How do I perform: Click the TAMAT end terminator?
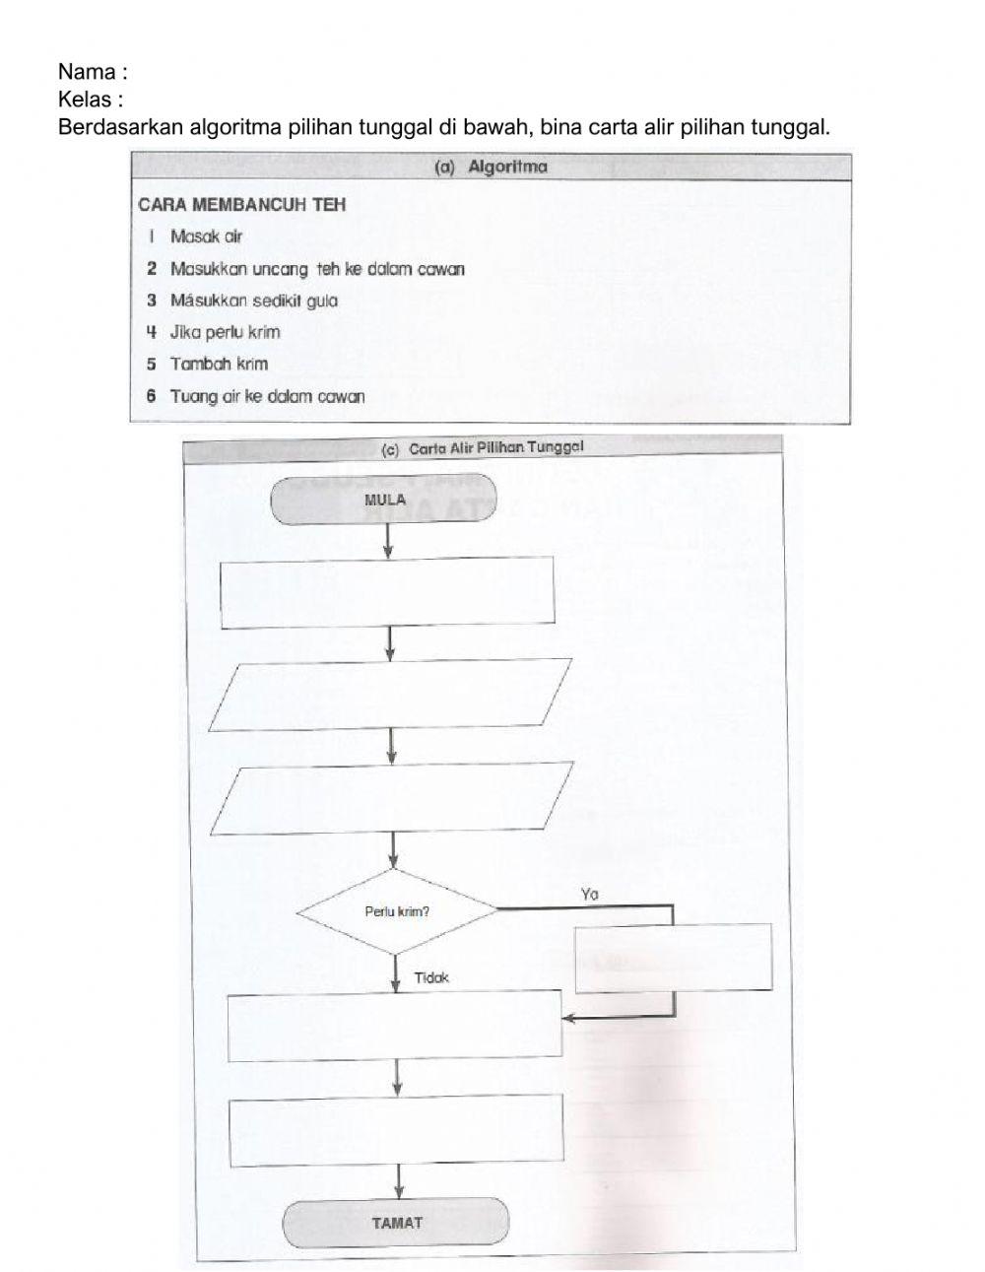396,1223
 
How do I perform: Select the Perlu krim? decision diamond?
396,911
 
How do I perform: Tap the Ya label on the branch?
590,895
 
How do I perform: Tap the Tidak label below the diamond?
430,977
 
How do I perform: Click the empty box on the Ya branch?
673,958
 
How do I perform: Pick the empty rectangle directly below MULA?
387,592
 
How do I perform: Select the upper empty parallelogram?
391,695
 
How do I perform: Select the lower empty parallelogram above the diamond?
391,798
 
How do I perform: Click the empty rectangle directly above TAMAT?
396,1132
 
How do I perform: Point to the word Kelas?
85,100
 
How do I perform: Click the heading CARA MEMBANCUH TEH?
241,205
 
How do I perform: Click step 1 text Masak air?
206,236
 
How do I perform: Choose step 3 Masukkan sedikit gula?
253,301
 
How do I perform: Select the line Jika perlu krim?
225,332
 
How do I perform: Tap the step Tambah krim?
219,364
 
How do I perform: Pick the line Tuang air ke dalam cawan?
267,396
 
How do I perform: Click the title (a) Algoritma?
491,167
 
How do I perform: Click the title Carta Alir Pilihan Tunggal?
483,449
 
